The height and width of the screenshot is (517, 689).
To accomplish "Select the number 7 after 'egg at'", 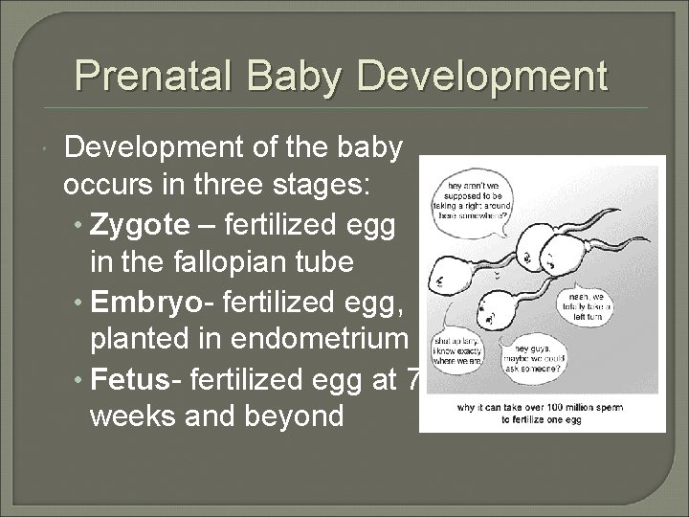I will coord(412,380).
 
